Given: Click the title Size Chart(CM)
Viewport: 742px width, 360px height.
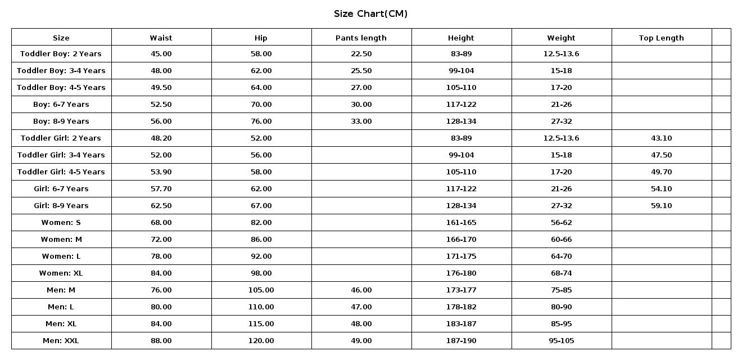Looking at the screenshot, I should pyautogui.click(x=370, y=13).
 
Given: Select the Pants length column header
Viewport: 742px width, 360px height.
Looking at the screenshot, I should pyautogui.click(x=361, y=38).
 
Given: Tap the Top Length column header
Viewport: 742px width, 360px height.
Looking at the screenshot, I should pyautogui.click(x=661, y=38).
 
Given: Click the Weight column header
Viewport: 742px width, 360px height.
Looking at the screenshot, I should pyautogui.click(x=561, y=38).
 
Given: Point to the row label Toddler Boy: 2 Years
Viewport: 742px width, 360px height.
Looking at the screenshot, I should pyautogui.click(x=61, y=53).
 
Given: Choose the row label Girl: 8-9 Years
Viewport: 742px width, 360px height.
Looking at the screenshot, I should pyautogui.click(x=61, y=205).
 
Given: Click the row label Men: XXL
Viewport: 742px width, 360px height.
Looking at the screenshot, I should pyautogui.click(x=61, y=340).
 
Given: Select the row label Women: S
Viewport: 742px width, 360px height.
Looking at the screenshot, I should pyautogui.click(x=61, y=222).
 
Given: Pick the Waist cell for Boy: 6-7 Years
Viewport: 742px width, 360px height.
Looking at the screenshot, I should pyautogui.click(x=161, y=104).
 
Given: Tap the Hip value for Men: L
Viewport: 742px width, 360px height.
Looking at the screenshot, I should pyautogui.click(x=261, y=307).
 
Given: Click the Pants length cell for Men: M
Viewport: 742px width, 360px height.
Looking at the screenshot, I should pyautogui.click(x=361, y=290).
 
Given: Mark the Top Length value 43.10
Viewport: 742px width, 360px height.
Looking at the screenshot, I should pyautogui.click(x=661, y=138).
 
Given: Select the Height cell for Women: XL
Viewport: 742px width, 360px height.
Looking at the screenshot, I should pyautogui.click(x=461, y=273).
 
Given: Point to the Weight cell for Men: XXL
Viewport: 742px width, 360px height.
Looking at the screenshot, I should pyautogui.click(x=561, y=340).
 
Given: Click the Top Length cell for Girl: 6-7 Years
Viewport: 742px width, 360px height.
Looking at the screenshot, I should pyautogui.click(x=661, y=188).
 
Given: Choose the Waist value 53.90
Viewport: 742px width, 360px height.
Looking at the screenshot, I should pyautogui.click(x=161, y=172).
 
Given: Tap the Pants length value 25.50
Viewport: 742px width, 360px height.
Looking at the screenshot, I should pyautogui.click(x=361, y=70).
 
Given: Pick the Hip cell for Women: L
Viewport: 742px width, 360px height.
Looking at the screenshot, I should pyautogui.click(x=261, y=256).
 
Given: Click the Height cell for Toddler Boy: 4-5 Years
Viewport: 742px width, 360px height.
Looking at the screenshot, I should pyautogui.click(x=461, y=87).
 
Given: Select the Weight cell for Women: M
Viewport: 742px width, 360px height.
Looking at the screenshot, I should pyautogui.click(x=561, y=239).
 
